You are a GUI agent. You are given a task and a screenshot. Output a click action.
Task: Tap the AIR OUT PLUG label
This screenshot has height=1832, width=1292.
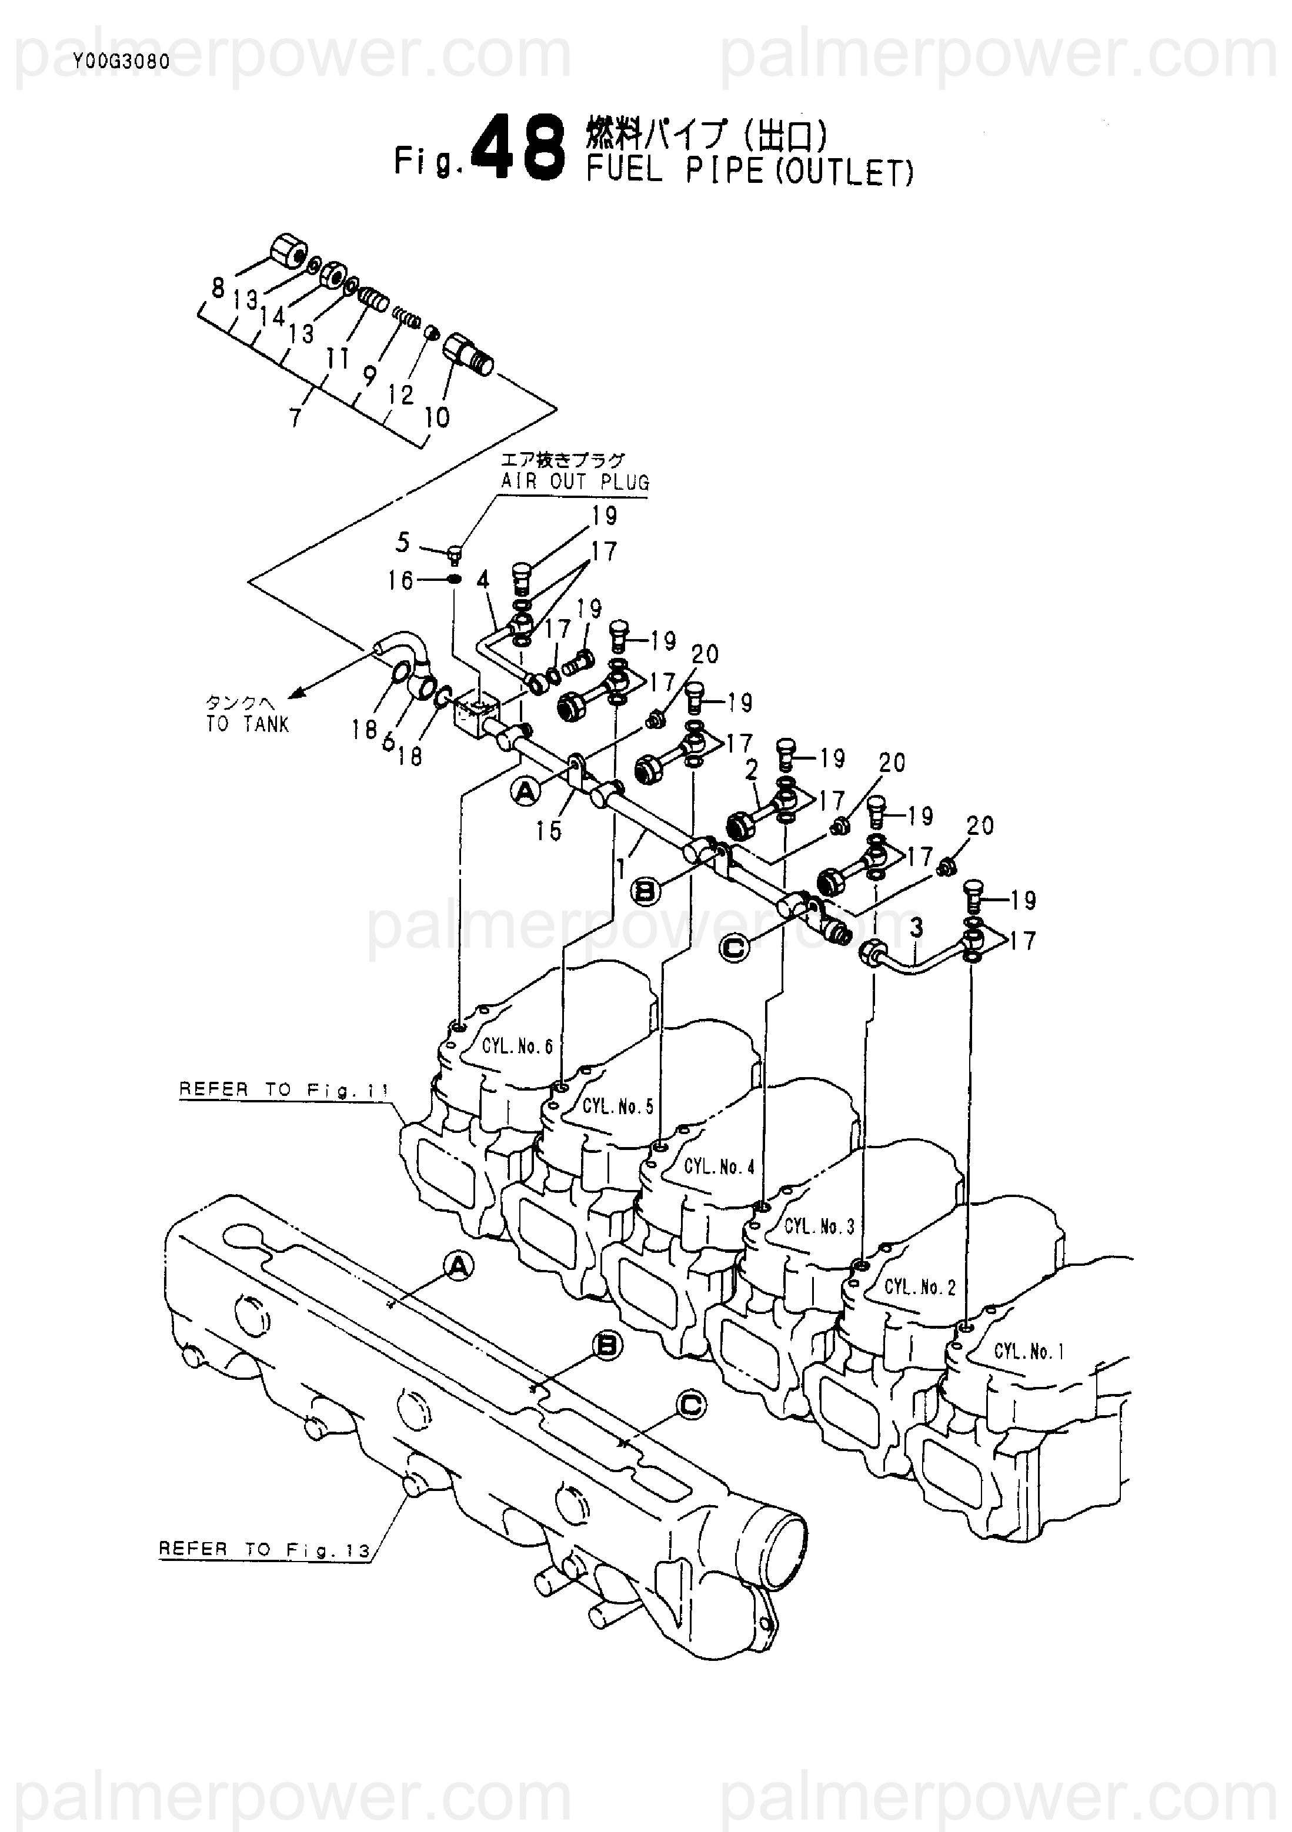click(575, 482)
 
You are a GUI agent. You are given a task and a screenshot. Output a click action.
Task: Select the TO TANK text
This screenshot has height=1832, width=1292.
click(248, 724)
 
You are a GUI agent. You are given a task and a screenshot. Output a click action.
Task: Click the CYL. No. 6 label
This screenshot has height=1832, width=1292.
click(517, 1046)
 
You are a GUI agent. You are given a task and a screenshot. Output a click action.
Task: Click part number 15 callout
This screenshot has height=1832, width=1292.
click(548, 831)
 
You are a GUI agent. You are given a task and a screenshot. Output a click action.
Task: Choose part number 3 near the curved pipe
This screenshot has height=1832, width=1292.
click(917, 927)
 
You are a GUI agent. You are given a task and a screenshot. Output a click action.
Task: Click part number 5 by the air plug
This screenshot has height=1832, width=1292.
click(402, 543)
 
